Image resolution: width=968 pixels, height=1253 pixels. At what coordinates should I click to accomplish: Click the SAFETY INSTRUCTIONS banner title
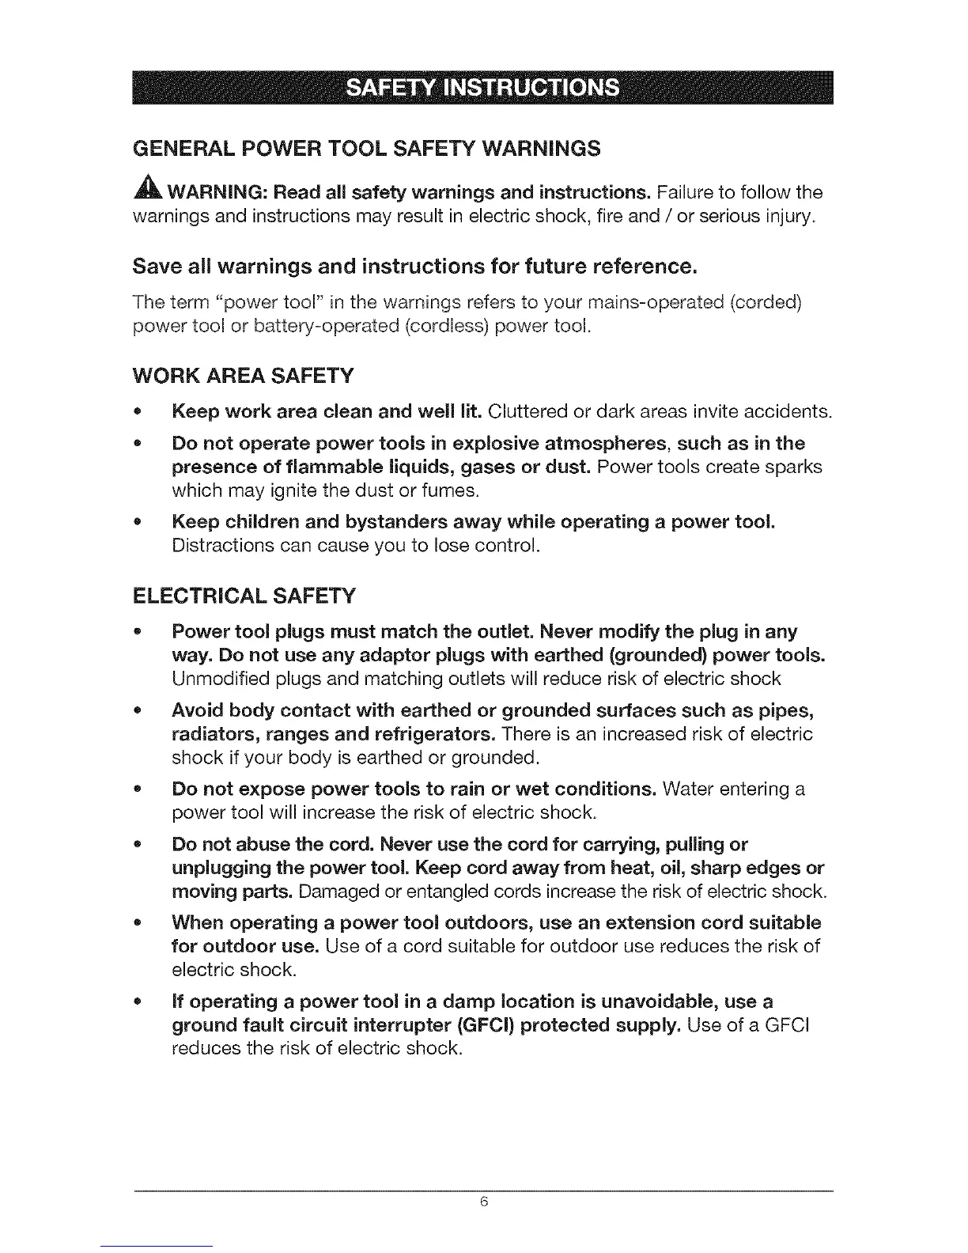tap(484, 88)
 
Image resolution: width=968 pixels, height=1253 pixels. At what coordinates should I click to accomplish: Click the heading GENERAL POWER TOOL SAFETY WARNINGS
tap(367, 148)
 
